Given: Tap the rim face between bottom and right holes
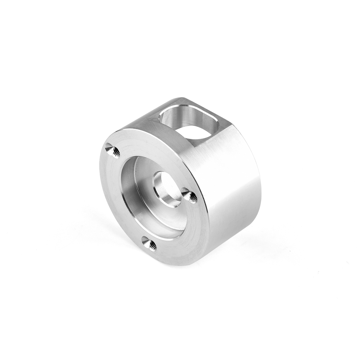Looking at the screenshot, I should [186, 240].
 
